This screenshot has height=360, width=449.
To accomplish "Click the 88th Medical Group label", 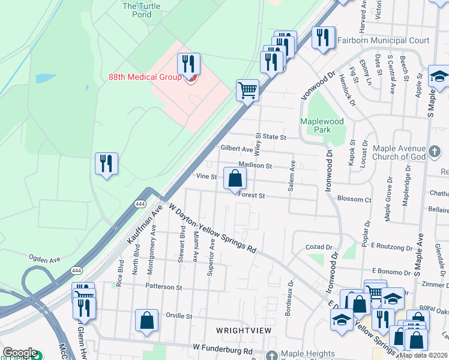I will [x=144, y=77].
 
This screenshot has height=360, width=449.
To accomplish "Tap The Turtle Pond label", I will [x=137, y=10].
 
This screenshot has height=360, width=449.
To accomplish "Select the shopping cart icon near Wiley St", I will [x=247, y=91].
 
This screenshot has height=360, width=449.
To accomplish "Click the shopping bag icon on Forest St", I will [x=235, y=178].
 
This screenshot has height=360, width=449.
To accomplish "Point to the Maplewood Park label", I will [x=322, y=125].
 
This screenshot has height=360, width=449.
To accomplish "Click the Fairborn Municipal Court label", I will [x=383, y=41].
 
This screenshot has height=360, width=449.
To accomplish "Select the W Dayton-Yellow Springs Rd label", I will [x=214, y=227].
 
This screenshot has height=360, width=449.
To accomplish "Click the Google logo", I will [x=19, y=353].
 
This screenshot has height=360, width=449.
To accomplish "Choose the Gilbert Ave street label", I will [x=237, y=148].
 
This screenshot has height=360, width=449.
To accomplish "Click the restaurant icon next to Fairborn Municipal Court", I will [x=324, y=38].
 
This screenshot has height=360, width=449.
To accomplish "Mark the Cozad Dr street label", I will [x=318, y=247].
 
